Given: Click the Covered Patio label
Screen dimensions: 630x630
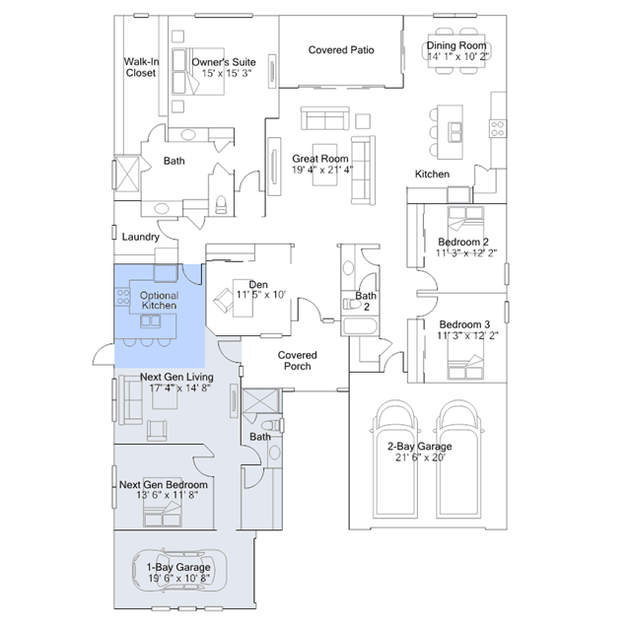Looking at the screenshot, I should tap(341, 50).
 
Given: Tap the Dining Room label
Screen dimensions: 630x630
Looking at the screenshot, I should tap(456, 45).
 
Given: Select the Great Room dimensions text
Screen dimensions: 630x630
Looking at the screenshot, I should tap(321, 170).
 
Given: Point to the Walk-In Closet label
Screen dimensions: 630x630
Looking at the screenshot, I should tap(140, 67).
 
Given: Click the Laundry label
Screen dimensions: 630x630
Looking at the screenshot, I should tap(140, 238).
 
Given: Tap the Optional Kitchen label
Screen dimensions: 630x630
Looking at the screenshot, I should tap(159, 300).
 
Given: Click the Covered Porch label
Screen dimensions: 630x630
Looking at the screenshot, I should tap(297, 361).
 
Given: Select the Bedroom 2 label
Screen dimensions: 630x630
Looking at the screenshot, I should tap(463, 242).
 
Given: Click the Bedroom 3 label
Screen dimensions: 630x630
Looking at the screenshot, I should tap(464, 325).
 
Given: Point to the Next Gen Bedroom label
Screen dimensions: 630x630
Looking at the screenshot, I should tap(163, 485).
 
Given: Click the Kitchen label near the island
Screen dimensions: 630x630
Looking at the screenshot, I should tap(432, 175).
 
